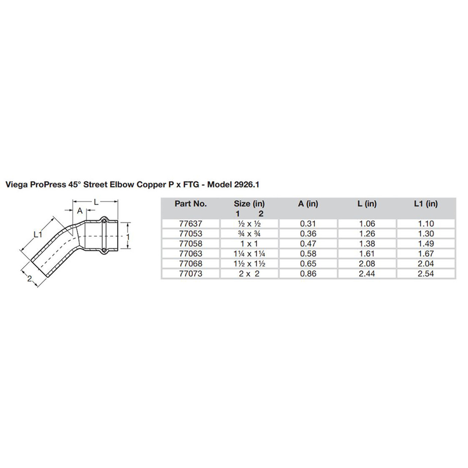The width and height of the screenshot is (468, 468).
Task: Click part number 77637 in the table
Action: click(x=190, y=224)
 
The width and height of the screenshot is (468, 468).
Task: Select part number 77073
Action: click(x=190, y=273)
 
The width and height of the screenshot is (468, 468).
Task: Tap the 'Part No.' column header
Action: click(x=190, y=204)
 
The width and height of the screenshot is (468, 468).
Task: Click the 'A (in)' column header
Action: click(x=308, y=204)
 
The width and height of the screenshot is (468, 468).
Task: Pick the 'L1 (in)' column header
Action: click(x=426, y=204)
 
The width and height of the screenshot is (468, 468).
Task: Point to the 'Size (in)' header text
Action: click(x=249, y=204)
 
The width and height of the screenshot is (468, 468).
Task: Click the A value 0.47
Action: click(x=308, y=244)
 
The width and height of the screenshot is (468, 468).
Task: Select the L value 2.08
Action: click(x=367, y=264)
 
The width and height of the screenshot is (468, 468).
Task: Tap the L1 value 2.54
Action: click(x=426, y=273)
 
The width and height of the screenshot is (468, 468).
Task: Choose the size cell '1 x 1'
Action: click(x=249, y=244)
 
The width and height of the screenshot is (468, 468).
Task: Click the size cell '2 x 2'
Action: click(x=249, y=273)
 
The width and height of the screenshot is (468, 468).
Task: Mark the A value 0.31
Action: click(x=308, y=224)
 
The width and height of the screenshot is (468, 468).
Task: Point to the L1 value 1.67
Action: click(x=426, y=254)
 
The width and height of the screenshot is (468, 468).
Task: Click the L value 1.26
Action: click(x=367, y=234)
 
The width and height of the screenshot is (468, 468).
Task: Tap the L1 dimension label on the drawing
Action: click(x=38, y=235)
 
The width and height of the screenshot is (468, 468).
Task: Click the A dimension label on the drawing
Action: click(x=80, y=211)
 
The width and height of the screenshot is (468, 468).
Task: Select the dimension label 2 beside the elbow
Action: click(x=30, y=279)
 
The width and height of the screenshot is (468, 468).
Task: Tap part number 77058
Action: click(x=190, y=244)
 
